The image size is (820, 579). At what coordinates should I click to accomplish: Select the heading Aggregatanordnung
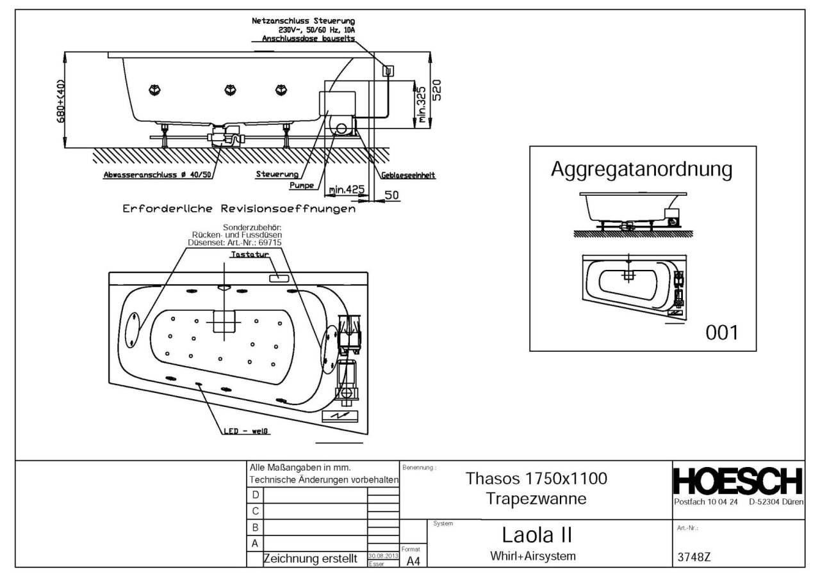tap(641, 170)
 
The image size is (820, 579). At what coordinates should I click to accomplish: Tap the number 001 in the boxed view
tap(721, 333)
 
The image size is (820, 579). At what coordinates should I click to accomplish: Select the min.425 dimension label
tap(346, 190)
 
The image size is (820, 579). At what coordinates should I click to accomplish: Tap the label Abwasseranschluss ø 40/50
tap(157, 174)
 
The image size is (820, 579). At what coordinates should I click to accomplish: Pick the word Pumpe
tap(302, 185)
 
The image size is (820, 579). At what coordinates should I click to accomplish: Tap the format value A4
tap(413, 560)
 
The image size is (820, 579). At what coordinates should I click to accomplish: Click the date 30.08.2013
tap(383, 556)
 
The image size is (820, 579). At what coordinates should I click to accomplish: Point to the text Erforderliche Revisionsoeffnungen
tap(236, 209)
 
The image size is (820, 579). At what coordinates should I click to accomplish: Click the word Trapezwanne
tap(536, 499)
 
